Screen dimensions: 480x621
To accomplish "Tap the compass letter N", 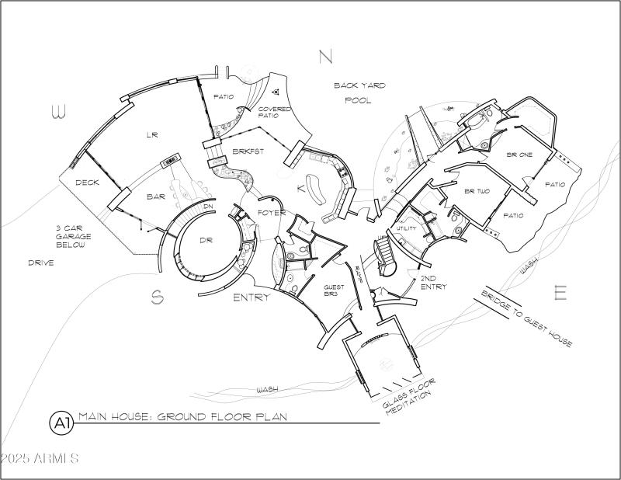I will (325, 56).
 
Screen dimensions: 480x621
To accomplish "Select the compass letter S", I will (157, 297).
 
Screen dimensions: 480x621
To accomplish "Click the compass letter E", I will (560, 293).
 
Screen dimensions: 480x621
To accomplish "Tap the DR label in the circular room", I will (206, 241).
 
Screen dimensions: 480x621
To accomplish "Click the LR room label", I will (152, 135).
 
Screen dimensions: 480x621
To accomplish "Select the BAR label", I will (156, 197).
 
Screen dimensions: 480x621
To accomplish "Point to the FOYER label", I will (272, 213).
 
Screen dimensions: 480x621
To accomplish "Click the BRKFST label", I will (248, 151).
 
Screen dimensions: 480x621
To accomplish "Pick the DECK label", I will (86, 183).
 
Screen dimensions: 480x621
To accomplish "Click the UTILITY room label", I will (407, 229).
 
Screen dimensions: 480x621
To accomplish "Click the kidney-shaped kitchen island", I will (316, 187).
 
